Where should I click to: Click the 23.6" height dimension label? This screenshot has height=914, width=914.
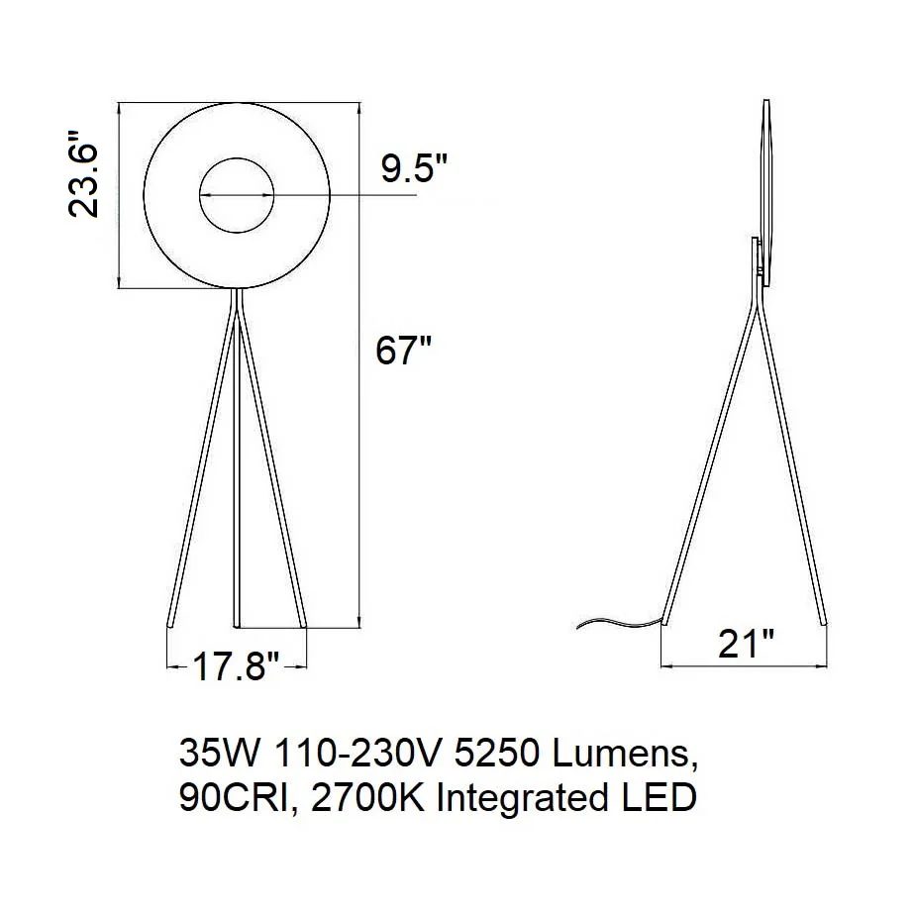pos(83,173)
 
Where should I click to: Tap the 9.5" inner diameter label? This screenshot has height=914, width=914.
pos(414,169)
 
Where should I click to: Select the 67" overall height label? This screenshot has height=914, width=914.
pos(403,351)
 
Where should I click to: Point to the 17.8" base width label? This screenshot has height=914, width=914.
pos(236,666)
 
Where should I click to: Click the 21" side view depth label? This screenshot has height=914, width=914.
pos(746,644)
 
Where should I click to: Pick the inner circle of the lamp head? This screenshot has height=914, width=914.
pos(237,157)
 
